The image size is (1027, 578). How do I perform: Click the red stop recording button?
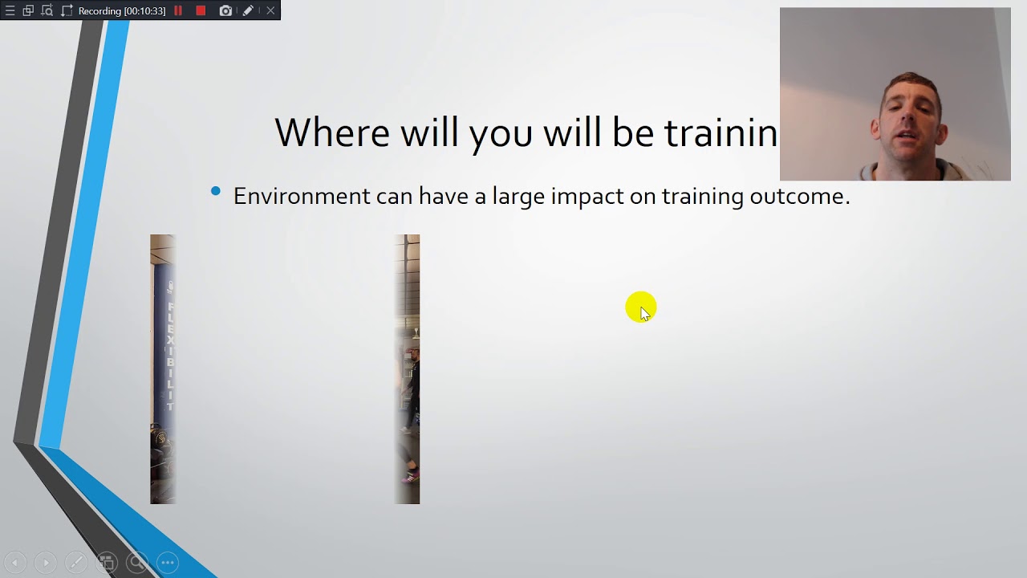[x=201, y=10]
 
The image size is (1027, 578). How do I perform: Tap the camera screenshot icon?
[x=225, y=10]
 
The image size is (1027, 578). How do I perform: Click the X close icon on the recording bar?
[x=270, y=10]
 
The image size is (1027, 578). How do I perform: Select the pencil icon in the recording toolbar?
[x=248, y=10]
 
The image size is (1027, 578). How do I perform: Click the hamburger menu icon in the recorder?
[x=10, y=10]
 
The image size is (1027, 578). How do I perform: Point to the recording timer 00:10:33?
[x=122, y=10]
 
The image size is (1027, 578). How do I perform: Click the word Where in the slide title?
[x=332, y=132]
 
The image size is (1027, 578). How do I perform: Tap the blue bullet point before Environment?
[x=215, y=191]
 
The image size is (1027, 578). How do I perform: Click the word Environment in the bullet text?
[x=302, y=196]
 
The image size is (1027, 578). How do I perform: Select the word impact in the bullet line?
[x=587, y=197]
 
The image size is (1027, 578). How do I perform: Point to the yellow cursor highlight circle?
[x=641, y=307]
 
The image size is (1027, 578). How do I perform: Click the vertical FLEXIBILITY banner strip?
[x=163, y=369]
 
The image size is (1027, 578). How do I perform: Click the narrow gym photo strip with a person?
[x=408, y=369]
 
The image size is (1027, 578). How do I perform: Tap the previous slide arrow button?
[x=14, y=563]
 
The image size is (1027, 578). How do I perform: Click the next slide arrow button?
[x=45, y=563]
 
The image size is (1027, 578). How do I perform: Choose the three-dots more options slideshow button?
[x=168, y=563]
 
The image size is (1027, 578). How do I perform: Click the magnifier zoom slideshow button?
[x=137, y=563]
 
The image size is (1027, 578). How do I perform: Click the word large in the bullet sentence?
[x=518, y=197]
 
